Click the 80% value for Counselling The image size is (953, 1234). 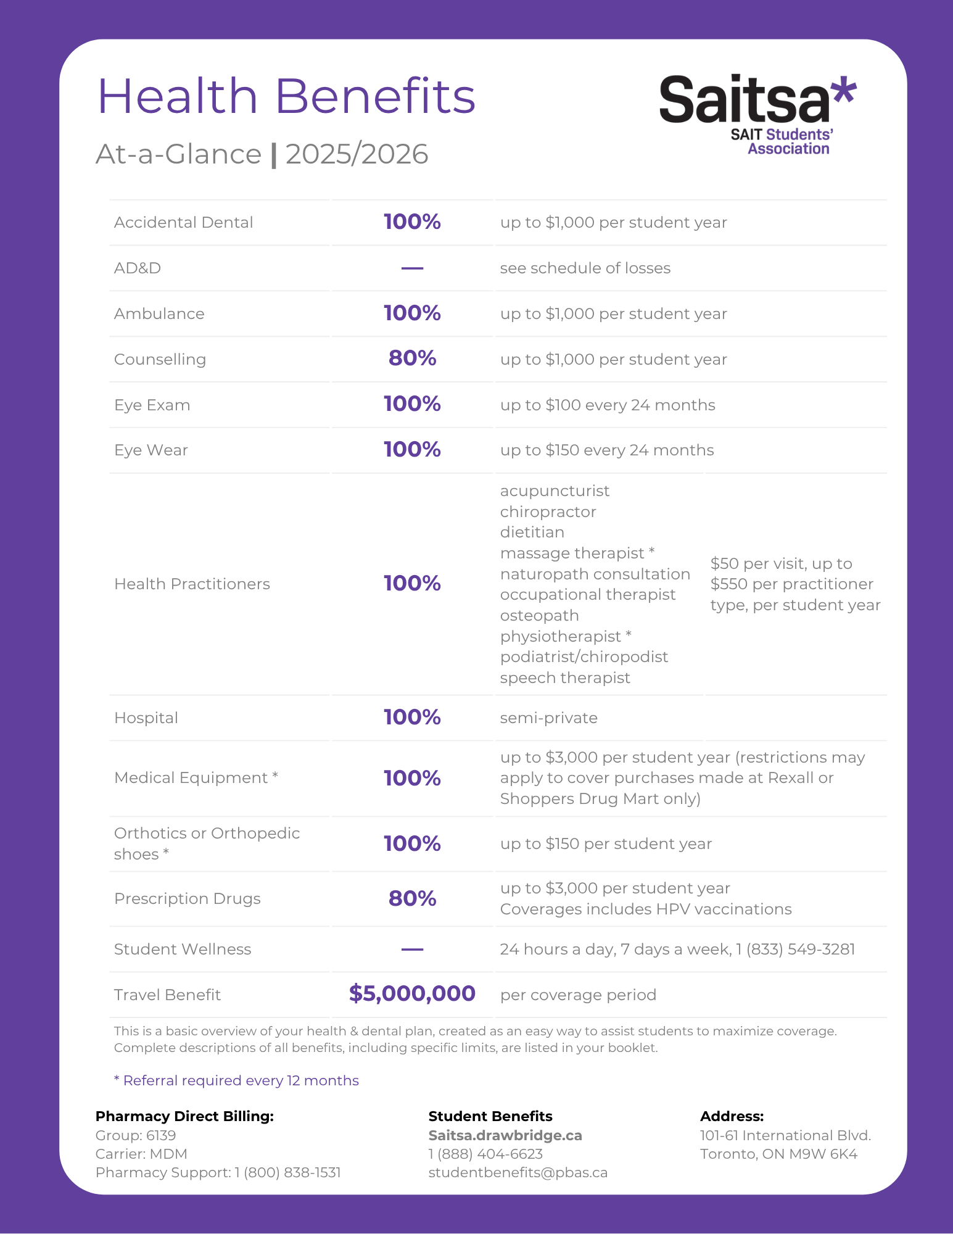pyautogui.click(x=412, y=358)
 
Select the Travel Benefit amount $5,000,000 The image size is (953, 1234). pyautogui.click(x=412, y=994)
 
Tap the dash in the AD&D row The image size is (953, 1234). pyautogui.click(x=412, y=268)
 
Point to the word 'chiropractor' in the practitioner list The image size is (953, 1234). pyautogui.click(x=548, y=512)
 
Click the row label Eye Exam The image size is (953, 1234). pyautogui.click(x=152, y=405)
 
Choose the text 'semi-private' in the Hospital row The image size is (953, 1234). pyautogui.click(x=548, y=718)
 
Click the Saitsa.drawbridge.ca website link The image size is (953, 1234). pyautogui.click(x=505, y=1136)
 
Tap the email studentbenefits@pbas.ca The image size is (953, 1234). pyautogui.click(x=518, y=1173)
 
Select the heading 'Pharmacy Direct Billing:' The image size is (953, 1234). pyautogui.click(x=184, y=1117)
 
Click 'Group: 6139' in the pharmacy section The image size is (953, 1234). pyautogui.click(x=136, y=1136)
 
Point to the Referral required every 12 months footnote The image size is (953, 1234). pyautogui.click(x=236, y=1081)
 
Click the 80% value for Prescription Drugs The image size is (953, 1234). pyautogui.click(x=412, y=899)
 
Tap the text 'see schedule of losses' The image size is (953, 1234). pyautogui.click(x=585, y=268)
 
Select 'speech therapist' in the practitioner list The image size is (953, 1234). pyautogui.click(x=564, y=678)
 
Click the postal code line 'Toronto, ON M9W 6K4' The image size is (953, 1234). pyautogui.click(x=778, y=1154)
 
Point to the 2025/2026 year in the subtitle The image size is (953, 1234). pyautogui.click(x=357, y=154)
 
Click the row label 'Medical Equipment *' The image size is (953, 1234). pyautogui.click(x=196, y=778)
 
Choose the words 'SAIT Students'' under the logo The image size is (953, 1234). pyautogui.click(x=782, y=135)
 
